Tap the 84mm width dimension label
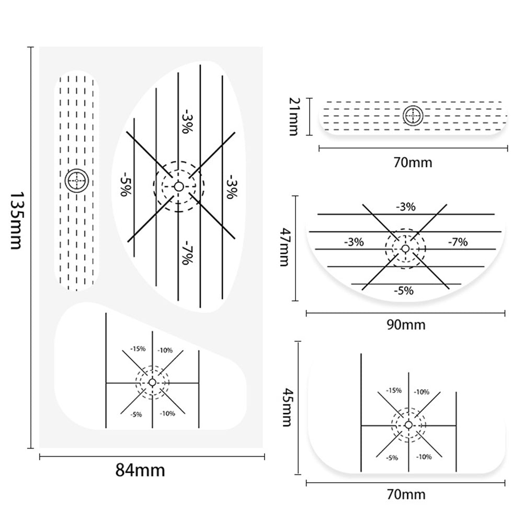point(140,470)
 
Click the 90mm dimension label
point(405,324)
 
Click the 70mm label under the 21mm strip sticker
point(413,162)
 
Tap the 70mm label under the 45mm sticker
point(405,494)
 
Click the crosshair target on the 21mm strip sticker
point(413,116)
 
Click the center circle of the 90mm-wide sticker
point(405,248)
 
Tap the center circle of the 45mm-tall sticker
point(408,425)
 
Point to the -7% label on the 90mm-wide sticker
point(458,242)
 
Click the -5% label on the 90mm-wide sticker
point(404,291)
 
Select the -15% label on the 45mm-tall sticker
point(393,390)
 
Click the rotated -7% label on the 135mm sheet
point(186,252)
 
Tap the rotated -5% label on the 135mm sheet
point(124,183)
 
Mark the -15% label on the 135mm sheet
point(138,348)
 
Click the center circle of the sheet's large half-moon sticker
point(179,186)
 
